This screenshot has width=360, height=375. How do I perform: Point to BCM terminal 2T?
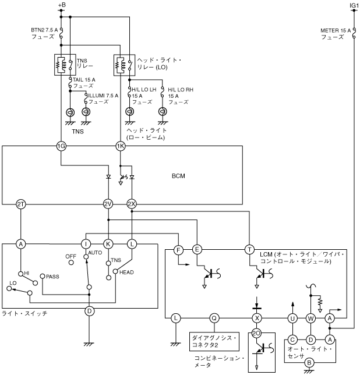coord(20,204)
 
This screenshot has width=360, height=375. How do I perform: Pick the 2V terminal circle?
coord(108,204)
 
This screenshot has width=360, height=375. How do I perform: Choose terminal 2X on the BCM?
coord(132,204)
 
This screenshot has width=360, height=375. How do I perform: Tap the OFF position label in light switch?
coord(71,255)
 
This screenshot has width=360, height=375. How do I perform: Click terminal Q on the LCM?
coord(214,318)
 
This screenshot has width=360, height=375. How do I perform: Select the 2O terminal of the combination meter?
coord(256,334)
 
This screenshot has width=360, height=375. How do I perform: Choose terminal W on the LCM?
coord(311,318)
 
